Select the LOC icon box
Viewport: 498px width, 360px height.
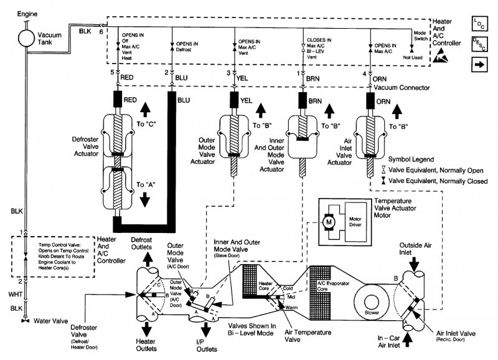click(x=478, y=23)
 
